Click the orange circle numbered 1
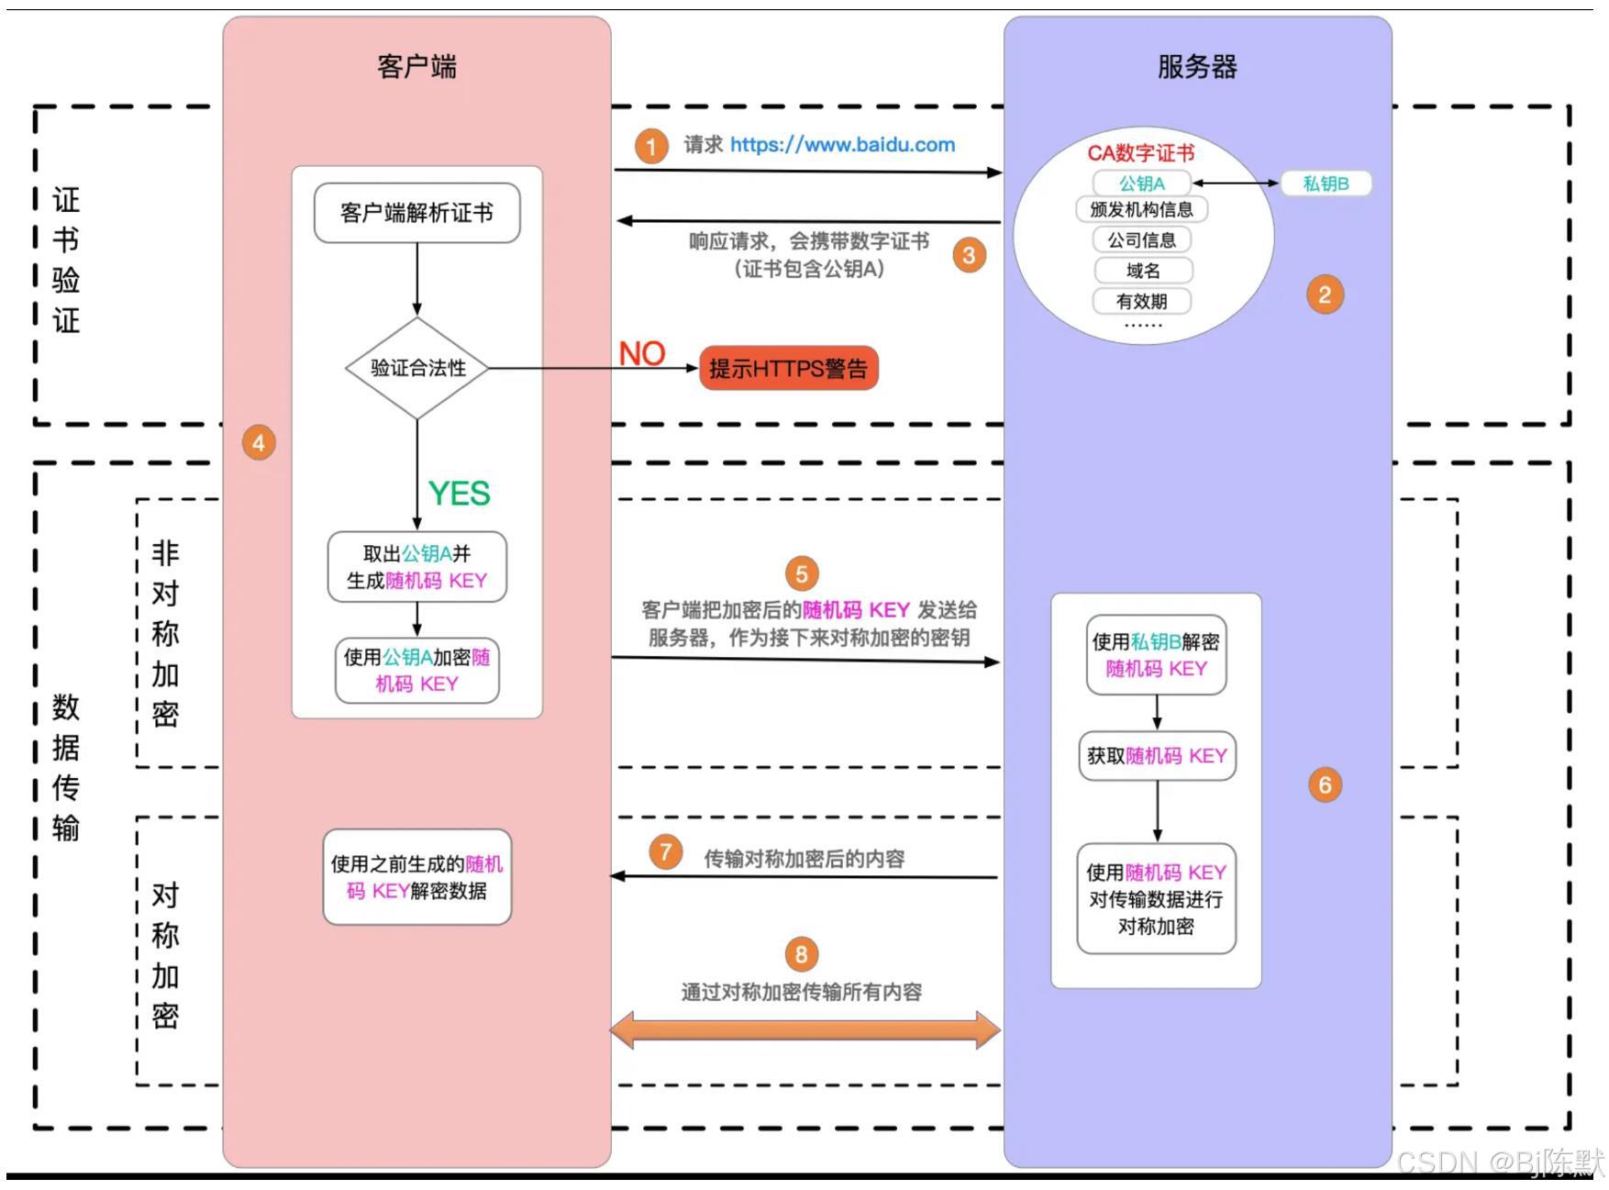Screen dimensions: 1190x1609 (x=650, y=147)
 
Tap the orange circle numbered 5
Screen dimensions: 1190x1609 (x=801, y=574)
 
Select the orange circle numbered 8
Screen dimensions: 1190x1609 (x=801, y=954)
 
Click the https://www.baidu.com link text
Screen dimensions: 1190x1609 (x=842, y=145)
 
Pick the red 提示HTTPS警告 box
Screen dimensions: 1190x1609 (x=788, y=369)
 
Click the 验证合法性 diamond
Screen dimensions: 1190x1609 (x=417, y=369)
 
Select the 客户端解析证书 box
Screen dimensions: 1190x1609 (x=416, y=213)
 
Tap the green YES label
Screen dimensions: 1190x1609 (x=459, y=494)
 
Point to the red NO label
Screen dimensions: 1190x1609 (x=641, y=353)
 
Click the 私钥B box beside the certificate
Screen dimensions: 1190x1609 (x=1326, y=184)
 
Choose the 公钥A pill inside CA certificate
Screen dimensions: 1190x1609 (x=1141, y=184)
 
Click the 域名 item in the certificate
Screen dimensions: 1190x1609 (x=1142, y=271)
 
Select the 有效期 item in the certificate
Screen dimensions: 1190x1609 (x=1141, y=301)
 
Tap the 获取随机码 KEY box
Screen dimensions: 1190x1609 (x=1157, y=756)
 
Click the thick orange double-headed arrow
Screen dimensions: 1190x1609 (x=804, y=1029)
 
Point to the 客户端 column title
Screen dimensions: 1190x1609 (x=416, y=67)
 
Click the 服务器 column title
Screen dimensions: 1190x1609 (x=1197, y=67)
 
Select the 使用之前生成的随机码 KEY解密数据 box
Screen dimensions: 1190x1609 (x=416, y=877)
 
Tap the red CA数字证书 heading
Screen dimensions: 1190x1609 (x=1140, y=153)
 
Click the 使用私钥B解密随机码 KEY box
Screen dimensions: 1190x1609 (x=1156, y=655)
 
